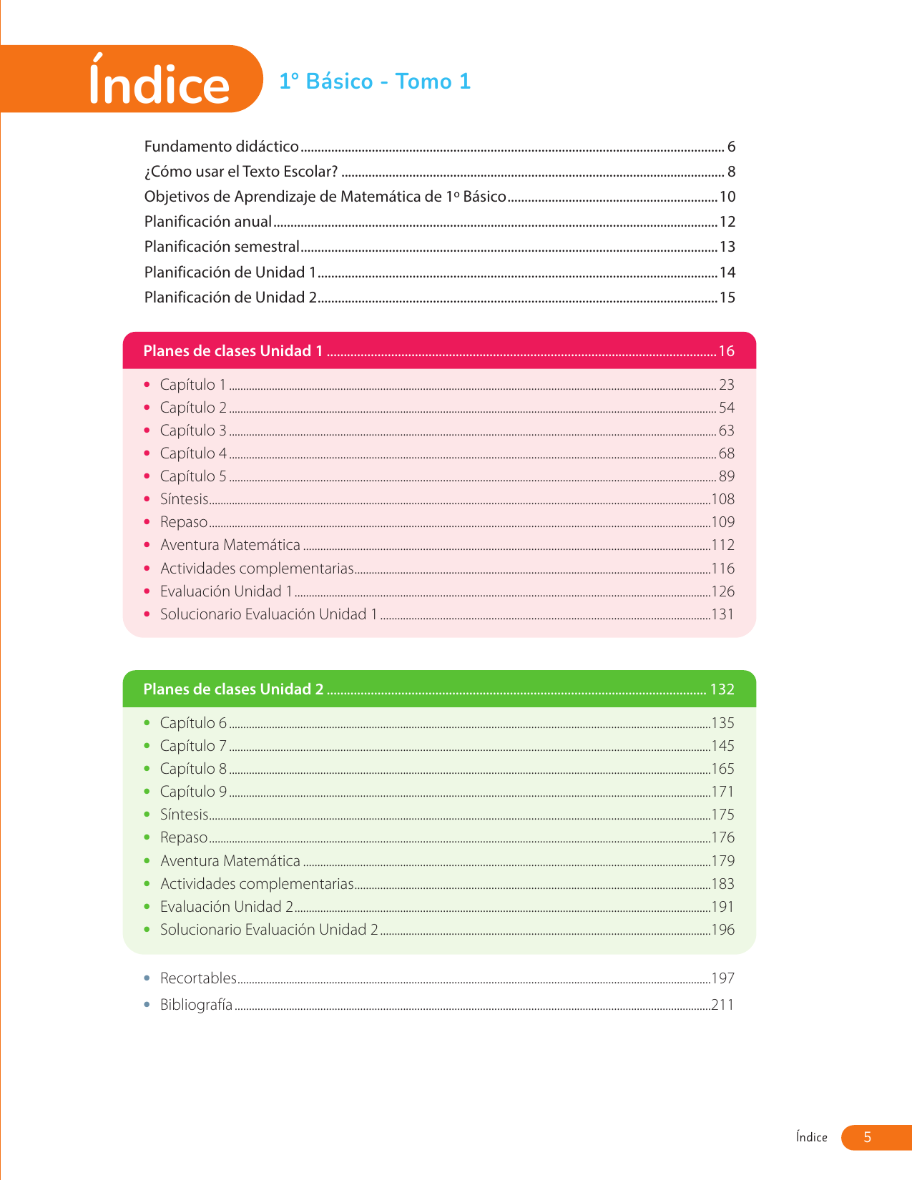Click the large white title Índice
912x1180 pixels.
click(159, 82)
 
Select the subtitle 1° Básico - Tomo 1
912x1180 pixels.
click(374, 82)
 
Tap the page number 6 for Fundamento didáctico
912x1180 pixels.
click(731, 147)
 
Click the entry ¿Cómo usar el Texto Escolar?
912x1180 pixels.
click(240, 172)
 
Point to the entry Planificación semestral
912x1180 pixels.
click(222, 247)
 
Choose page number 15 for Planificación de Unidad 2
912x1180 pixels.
click(727, 298)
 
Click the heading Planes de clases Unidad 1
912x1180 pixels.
click(233, 351)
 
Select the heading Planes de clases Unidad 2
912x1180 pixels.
click(233, 689)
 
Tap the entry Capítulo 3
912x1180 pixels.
click(193, 431)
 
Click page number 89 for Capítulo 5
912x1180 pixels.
click(726, 476)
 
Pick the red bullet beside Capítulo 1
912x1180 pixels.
click(147, 385)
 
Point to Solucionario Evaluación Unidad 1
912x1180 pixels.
click(268, 614)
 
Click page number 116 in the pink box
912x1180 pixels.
click(722, 569)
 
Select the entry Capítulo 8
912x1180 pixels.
click(193, 769)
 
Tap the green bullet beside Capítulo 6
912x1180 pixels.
click(147, 723)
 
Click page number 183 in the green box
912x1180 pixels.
click(722, 884)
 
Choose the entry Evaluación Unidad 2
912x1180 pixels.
click(226, 907)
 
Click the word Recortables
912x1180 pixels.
click(198, 978)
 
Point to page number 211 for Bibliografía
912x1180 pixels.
click(722, 1005)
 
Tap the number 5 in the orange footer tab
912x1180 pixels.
click(867, 1137)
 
